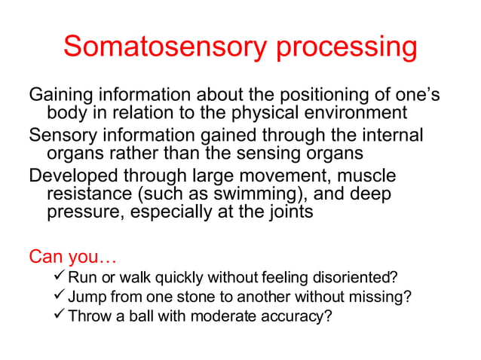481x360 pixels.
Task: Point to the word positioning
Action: (x=320, y=96)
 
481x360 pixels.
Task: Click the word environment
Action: (x=353, y=113)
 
